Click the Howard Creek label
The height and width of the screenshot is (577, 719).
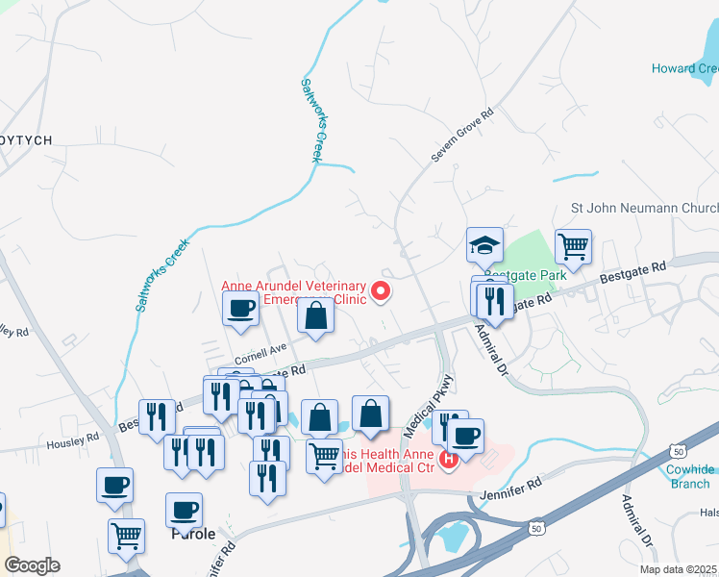coord(685,68)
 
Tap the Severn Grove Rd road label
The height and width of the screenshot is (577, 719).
coord(462,136)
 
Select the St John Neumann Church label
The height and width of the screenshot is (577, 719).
coord(645,208)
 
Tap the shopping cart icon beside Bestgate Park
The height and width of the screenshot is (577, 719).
coord(573,246)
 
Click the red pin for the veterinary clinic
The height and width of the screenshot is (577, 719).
coord(382,291)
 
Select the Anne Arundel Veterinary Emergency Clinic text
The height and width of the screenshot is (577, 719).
coord(294,292)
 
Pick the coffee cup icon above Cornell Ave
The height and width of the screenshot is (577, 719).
coord(240,310)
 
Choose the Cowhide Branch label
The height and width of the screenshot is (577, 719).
coord(690,476)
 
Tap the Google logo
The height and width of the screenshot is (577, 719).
coord(32,565)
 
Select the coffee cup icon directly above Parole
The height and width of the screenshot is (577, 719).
coord(184,511)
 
